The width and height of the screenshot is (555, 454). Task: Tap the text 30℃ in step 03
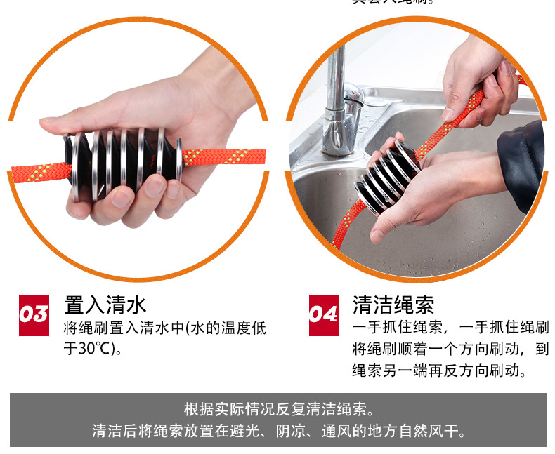94,347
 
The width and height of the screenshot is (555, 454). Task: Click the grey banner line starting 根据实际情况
277,409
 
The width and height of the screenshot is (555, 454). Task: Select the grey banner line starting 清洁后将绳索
277,431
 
